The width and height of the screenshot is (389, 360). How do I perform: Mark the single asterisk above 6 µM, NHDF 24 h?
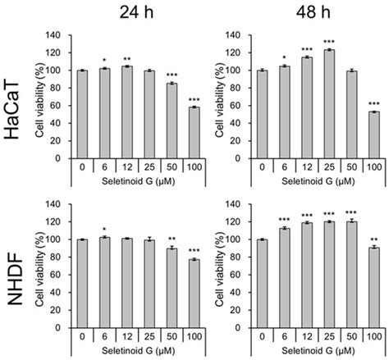pos(103,230)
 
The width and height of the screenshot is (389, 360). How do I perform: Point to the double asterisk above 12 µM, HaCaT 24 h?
pos(126,59)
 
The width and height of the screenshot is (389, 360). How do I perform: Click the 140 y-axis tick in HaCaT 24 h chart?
pos(57,36)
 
